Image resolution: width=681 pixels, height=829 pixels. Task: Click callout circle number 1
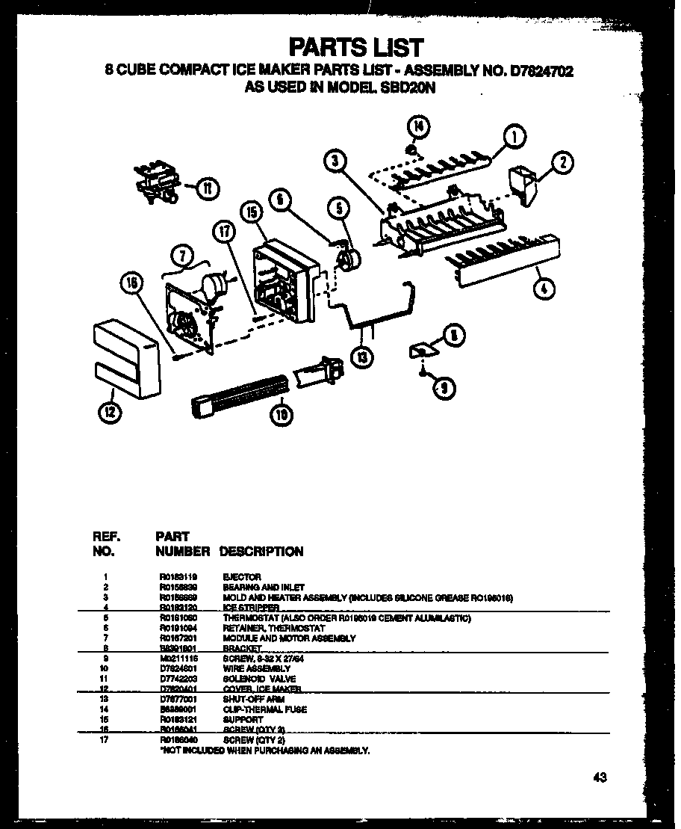pyautogui.click(x=514, y=137)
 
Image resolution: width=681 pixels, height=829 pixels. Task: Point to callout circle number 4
pyautogui.click(x=546, y=287)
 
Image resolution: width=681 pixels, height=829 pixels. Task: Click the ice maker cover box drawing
pyautogui.click(x=126, y=357)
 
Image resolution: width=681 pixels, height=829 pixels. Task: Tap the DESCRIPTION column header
pyautogui.click(x=261, y=552)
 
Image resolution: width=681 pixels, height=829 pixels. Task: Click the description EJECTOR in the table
pyautogui.click(x=241, y=577)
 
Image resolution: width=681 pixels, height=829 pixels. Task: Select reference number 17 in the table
pyautogui.click(x=107, y=739)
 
